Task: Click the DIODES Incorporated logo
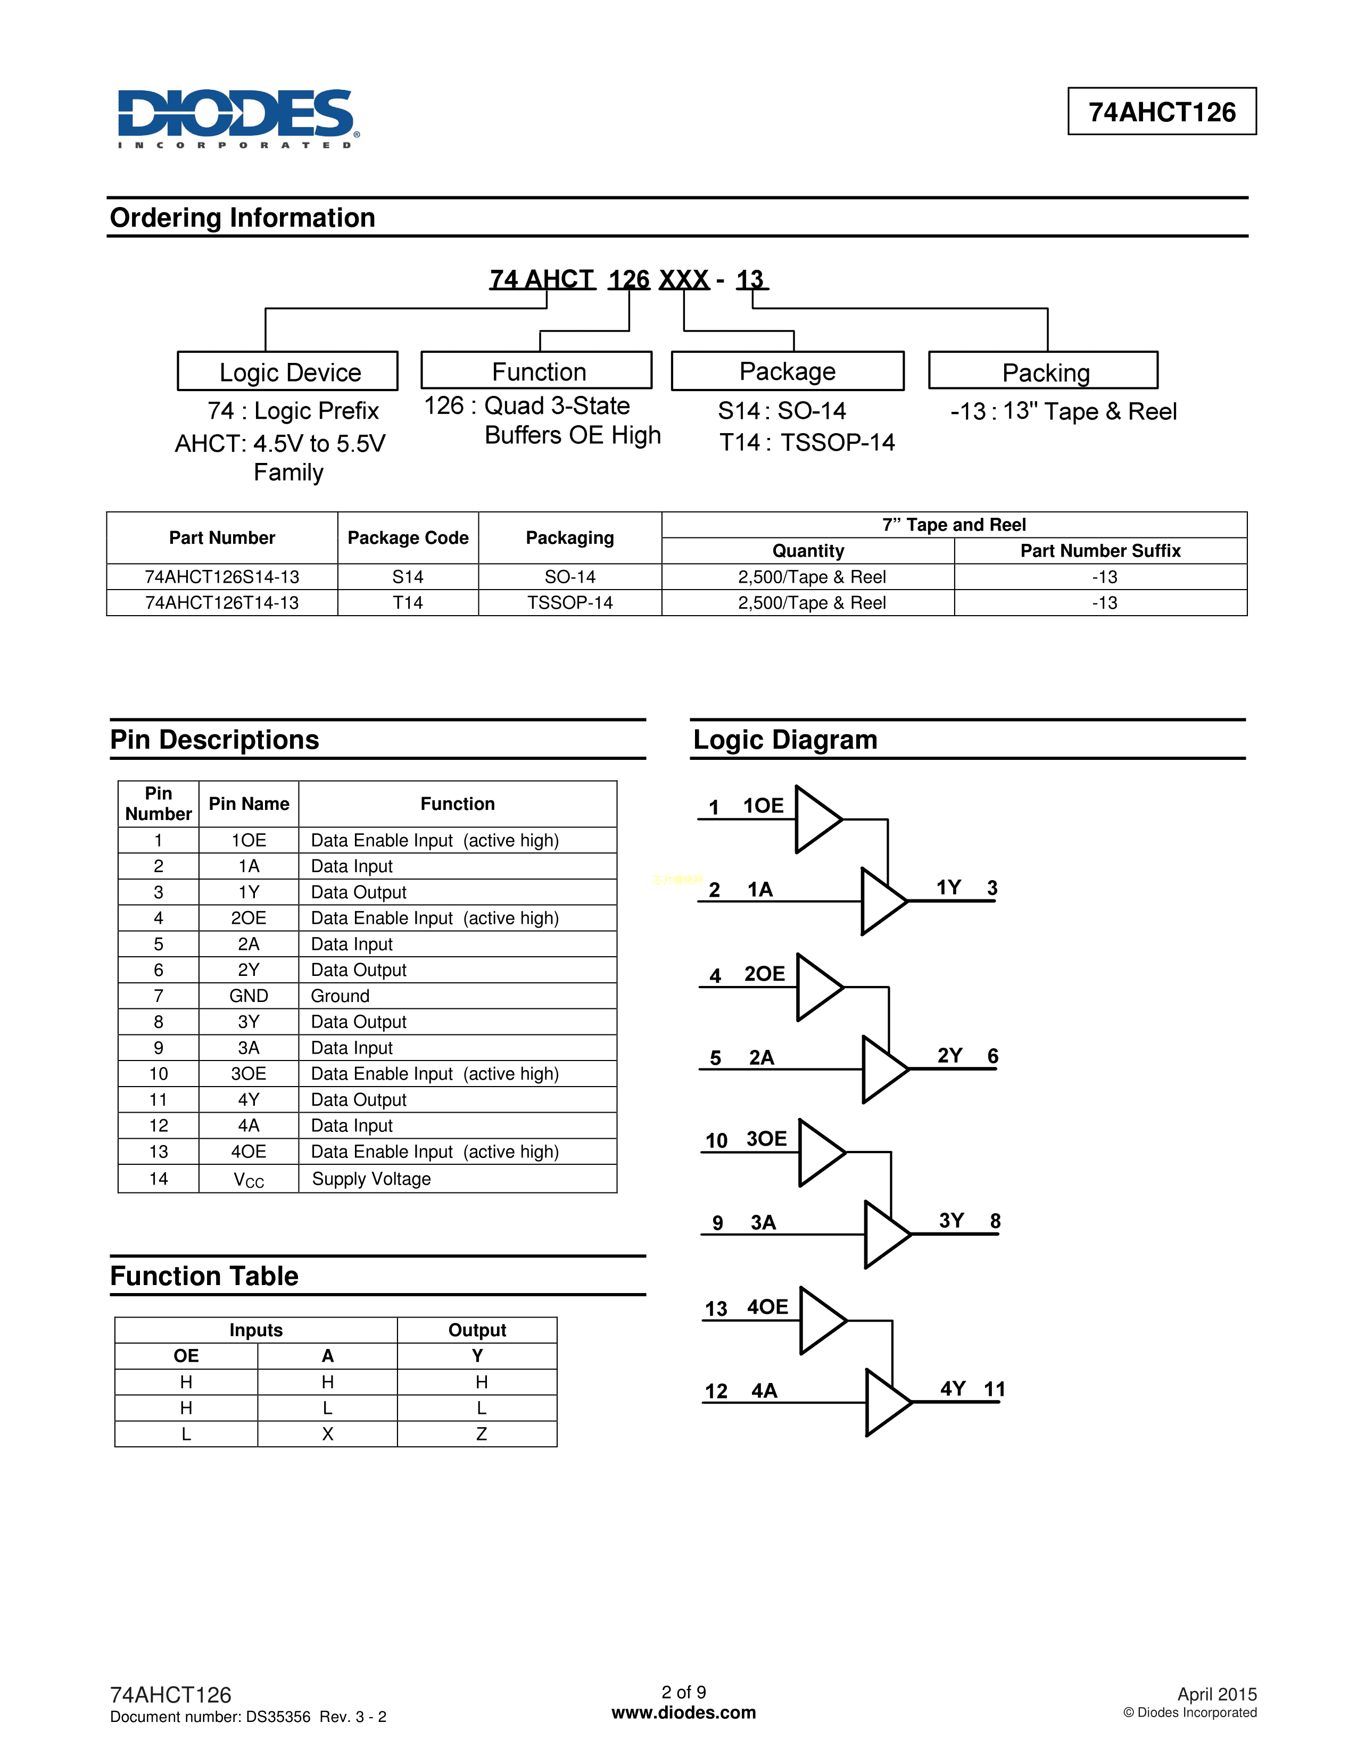[238, 117]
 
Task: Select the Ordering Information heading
[242, 218]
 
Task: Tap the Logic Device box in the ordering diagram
[288, 371]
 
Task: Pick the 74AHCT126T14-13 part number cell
[222, 603]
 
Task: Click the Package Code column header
[408, 538]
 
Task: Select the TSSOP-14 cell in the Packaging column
[569, 603]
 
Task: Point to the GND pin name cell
[249, 996]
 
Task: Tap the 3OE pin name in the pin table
[249, 1074]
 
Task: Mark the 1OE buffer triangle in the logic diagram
[815, 819]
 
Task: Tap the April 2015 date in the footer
[1217, 1694]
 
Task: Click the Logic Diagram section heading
[784, 740]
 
